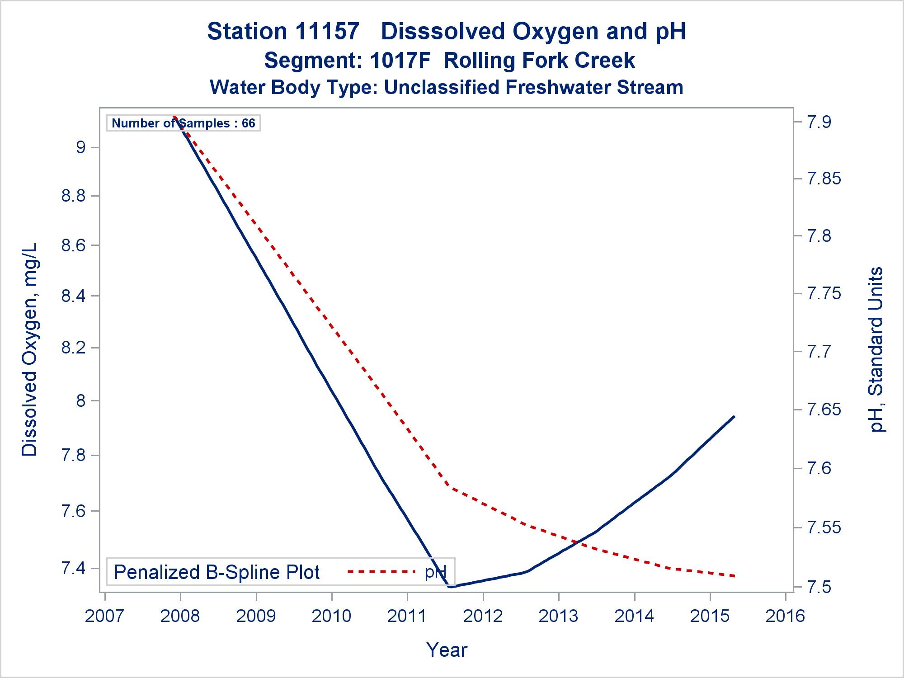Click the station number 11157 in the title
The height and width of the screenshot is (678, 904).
click(327, 32)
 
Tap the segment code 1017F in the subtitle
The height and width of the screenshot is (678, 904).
click(400, 61)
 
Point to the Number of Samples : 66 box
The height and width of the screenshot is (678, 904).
click(183, 123)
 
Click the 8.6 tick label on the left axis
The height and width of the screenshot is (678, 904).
click(73, 245)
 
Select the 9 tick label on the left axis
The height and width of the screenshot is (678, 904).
click(80, 147)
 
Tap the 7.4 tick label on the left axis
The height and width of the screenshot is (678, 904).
click(73, 568)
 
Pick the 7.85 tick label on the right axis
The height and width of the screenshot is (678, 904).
click(824, 179)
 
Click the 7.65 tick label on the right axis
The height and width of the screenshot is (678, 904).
click(824, 410)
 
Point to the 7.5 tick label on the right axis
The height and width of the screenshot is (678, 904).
click(819, 587)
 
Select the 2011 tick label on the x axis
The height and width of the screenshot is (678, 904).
click(407, 616)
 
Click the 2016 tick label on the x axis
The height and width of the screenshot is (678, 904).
click(785, 616)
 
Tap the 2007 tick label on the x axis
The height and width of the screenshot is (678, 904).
click(104, 616)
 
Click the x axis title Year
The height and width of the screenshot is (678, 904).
click(447, 650)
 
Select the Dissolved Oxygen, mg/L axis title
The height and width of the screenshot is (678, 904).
click(30, 349)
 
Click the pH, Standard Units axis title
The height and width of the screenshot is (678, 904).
click(876, 349)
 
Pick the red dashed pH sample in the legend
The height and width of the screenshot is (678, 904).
click(381, 572)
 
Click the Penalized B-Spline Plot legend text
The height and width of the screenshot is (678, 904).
click(217, 572)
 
